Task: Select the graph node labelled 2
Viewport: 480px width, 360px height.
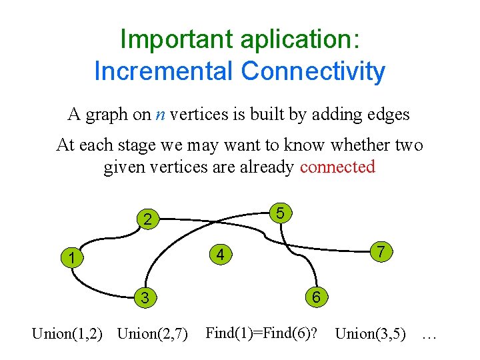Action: click(149, 219)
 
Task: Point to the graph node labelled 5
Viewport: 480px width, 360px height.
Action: click(281, 213)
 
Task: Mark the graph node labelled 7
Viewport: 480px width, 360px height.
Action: click(380, 252)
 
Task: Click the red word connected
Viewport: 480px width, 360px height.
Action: click(338, 167)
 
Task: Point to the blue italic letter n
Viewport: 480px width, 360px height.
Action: click(161, 115)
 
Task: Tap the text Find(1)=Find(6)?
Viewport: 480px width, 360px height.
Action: click(261, 332)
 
